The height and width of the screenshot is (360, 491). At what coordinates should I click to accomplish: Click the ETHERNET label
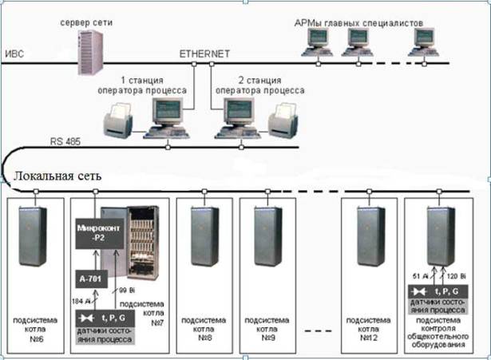(x=204, y=53)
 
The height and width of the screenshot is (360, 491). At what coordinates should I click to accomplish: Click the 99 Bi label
(x=129, y=290)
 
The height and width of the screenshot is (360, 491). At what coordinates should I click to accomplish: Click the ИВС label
(x=16, y=54)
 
